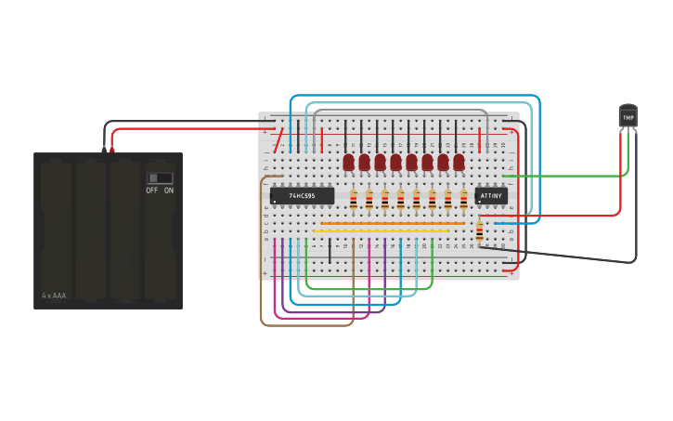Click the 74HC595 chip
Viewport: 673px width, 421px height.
[x=302, y=196]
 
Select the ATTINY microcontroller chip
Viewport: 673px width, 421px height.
[x=491, y=196]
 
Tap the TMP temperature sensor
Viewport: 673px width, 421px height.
[x=628, y=116]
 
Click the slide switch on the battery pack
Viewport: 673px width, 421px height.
[x=160, y=178]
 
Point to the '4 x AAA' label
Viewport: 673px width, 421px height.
[x=54, y=296]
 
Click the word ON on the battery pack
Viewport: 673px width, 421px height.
[x=169, y=191]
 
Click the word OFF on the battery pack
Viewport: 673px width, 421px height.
[x=152, y=191]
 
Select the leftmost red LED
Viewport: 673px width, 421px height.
[x=349, y=162]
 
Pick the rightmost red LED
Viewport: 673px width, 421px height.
[x=459, y=162]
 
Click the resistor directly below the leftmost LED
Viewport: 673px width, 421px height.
[x=354, y=198]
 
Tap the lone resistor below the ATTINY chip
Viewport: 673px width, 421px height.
[x=479, y=231]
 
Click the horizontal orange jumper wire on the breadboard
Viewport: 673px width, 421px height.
[x=390, y=223]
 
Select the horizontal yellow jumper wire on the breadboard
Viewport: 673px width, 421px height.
[x=381, y=230]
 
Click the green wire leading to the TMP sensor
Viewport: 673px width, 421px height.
[x=566, y=175]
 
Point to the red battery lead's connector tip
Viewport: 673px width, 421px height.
[x=112, y=149]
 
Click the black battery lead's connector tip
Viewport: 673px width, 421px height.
[x=104, y=149]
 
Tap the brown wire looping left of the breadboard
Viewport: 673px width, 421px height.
[x=262, y=279]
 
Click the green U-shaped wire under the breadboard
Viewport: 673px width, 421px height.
[x=371, y=288]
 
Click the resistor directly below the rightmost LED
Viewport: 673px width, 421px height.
[x=464, y=198]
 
